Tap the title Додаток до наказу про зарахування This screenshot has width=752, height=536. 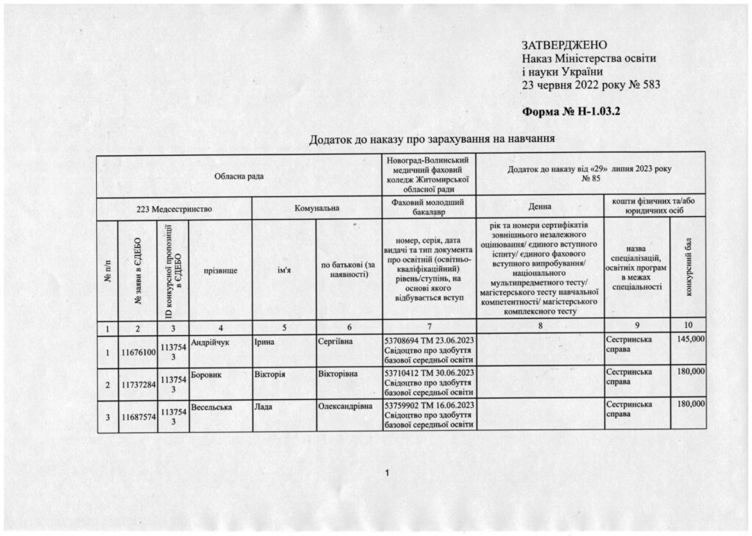click(430, 138)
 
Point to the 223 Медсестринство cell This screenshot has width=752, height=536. click(174, 209)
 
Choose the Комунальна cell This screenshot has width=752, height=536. click(317, 209)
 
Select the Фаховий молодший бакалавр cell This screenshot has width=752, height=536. click(430, 208)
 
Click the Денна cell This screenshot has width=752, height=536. click(540, 209)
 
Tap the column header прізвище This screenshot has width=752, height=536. click(220, 271)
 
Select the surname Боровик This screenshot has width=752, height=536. click(206, 374)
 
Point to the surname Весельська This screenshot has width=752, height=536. click(213, 405)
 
